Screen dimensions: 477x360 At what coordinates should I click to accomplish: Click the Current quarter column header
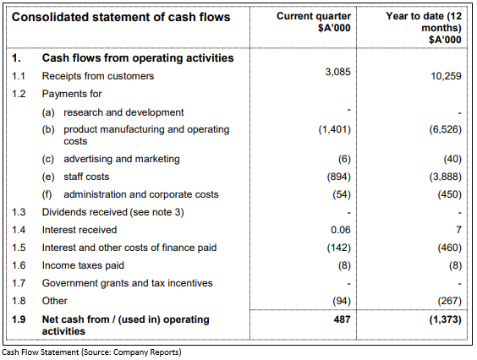(314, 22)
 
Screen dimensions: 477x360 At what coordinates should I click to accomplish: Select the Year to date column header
(424, 28)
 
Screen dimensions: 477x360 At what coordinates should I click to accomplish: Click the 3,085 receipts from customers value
(337, 72)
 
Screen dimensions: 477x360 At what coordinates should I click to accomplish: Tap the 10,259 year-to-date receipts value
(446, 76)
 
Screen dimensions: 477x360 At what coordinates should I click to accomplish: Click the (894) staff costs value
(338, 177)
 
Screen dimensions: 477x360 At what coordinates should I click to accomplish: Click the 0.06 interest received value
(341, 230)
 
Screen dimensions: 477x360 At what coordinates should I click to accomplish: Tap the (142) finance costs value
(338, 248)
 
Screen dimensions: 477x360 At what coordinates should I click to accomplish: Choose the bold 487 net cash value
(342, 319)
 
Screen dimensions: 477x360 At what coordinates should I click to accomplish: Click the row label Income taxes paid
(83, 265)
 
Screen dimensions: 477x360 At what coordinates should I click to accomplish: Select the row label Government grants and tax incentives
(127, 283)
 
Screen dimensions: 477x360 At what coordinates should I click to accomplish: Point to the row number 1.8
(19, 301)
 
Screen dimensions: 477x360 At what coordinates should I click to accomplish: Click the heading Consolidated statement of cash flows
(121, 17)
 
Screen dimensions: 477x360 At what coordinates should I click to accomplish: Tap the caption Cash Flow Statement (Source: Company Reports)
(91, 352)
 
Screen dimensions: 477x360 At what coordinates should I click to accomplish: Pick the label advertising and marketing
(122, 159)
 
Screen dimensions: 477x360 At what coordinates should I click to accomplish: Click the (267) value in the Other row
(450, 301)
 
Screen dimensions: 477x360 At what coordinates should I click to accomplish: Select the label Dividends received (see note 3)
(112, 212)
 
